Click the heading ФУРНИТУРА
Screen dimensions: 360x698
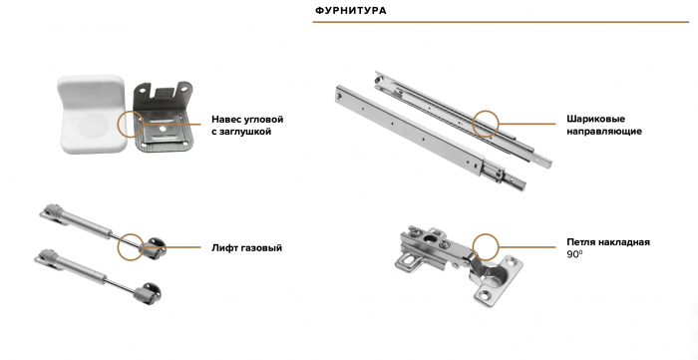click(x=350, y=11)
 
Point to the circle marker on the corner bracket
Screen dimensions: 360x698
click(x=130, y=124)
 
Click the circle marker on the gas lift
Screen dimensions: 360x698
click(x=130, y=247)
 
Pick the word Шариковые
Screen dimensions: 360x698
click(x=596, y=117)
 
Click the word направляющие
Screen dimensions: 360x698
click(x=603, y=131)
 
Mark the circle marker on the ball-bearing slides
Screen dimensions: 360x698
click(x=486, y=123)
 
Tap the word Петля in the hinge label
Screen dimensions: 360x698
click(x=581, y=242)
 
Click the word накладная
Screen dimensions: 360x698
click(x=627, y=242)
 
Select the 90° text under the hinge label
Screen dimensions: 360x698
click(x=574, y=256)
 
